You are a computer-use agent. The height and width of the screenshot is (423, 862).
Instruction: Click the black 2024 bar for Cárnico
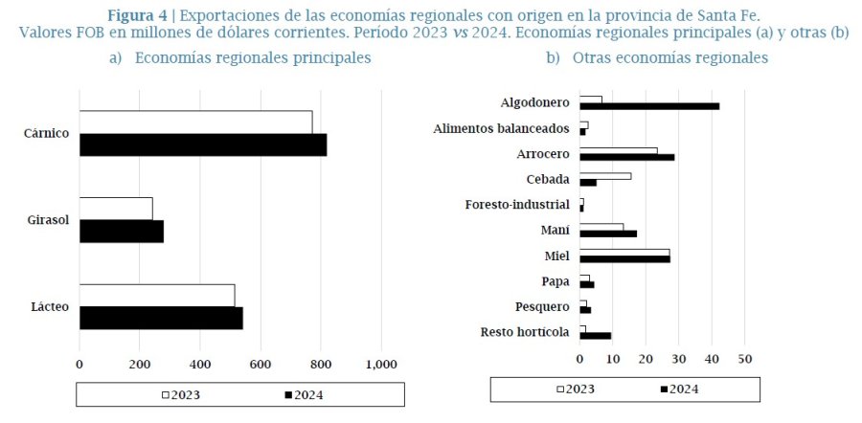tap(202, 145)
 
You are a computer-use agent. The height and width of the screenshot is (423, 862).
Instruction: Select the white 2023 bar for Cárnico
tap(195, 122)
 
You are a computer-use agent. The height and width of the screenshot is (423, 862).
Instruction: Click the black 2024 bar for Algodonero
tap(648, 106)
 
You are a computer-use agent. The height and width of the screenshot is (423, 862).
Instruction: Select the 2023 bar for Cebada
tap(604, 176)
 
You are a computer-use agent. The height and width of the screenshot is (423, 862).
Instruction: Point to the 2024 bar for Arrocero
tap(626, 156)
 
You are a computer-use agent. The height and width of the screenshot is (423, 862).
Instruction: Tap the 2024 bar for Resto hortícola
tap(595, 336)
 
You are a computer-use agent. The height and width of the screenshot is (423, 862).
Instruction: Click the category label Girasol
tap(48, 220)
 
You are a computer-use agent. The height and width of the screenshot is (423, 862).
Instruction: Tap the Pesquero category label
tap(542, 307)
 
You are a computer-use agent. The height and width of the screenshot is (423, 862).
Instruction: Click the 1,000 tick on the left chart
tap(381, 364)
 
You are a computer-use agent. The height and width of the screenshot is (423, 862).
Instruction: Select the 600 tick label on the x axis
tap(261, 364)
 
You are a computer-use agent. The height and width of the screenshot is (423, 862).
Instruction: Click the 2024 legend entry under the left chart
tap(304, 393)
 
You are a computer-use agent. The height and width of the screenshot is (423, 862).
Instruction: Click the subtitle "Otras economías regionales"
tap(669, 58)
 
